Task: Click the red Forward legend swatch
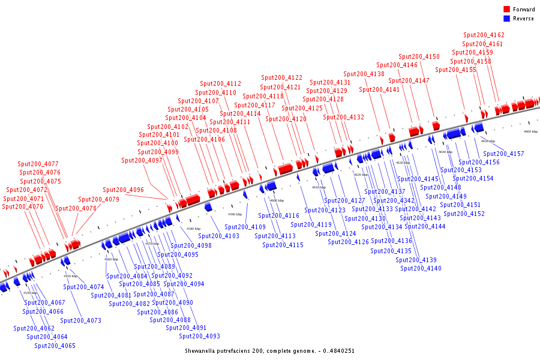coord(507,10)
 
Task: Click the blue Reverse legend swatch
coord(507,19)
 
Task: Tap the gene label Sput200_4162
coord(485,35)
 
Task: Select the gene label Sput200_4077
coord(38,164)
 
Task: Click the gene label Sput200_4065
coord(55,346)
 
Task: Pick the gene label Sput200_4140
coord(421,268)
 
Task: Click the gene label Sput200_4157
coord(503,154)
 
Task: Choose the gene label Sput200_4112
coord(221,83)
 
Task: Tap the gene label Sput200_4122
coord(282,77)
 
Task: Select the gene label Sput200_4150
coord(419,56)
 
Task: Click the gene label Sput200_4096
coord(123,190)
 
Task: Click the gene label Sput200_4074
coord(83,287)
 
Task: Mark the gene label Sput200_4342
coord(394,200)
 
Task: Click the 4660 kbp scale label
coord(530,131)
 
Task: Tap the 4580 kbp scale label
coord(193,229)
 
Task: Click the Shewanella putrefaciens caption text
coord(269,350)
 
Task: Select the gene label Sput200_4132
coord(344,117)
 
